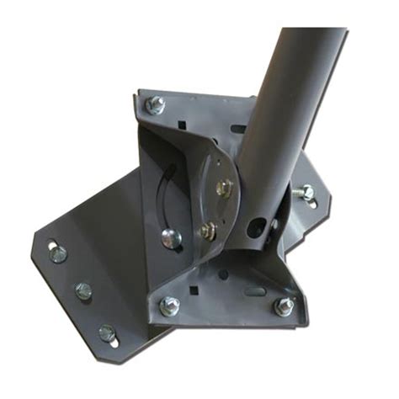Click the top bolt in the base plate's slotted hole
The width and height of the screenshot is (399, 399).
(58, 253)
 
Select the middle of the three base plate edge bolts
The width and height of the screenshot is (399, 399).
(83, 291)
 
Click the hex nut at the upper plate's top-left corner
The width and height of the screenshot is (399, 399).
(155, 104)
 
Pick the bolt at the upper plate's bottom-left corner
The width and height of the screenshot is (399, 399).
(169, 306)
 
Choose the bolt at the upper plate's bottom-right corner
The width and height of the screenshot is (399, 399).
(285, 306)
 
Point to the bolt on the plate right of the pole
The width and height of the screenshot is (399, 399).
(306, 193)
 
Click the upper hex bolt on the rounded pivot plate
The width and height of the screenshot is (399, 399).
(223, 189)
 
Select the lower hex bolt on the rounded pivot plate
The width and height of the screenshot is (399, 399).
(206, 228)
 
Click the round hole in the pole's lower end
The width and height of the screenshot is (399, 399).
(274, 226)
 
